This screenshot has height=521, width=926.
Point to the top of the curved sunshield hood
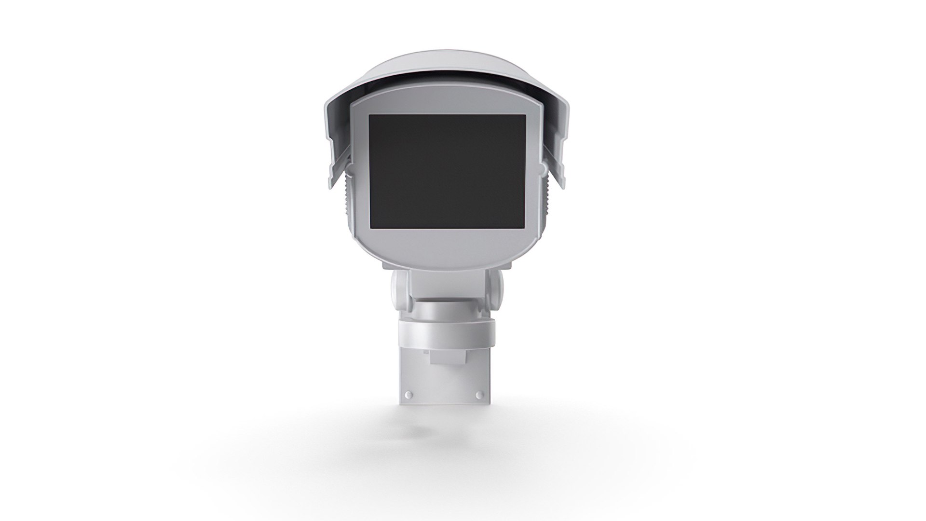(446, 68)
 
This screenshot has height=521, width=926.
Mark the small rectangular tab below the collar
(449, 357)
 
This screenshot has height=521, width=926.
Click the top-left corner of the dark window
(370, 116)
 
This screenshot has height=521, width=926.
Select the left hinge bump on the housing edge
(350, 168)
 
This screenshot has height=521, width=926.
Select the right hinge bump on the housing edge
(544, 168)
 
